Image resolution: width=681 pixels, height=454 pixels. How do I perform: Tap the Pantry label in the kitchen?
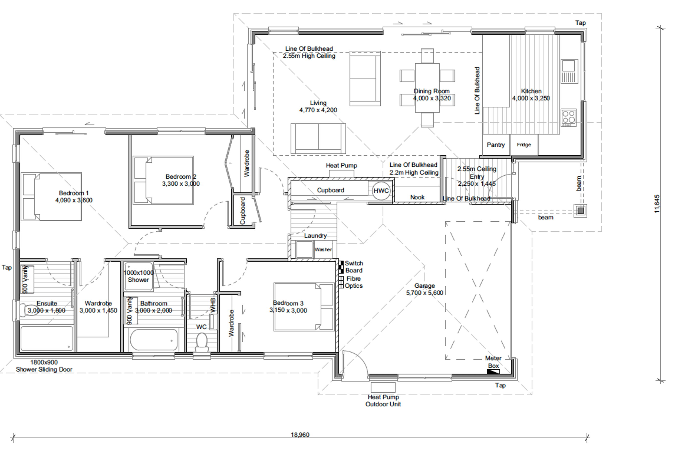(x=496, y=145)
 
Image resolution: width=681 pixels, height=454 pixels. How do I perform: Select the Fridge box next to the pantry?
(x=524, y=145)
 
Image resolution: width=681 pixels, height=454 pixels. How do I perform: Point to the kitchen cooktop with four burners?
(x=568, y=118)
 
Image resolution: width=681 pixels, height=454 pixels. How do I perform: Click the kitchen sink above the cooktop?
(x=569, y=71)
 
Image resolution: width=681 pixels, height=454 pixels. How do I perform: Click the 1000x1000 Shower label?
(x=138, y=276)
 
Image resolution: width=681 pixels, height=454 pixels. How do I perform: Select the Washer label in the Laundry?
(x=323, y=250)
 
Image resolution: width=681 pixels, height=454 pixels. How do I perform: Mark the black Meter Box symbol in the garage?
(x=493, y=372)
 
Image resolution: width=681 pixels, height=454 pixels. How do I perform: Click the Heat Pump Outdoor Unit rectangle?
(x=383, y=387)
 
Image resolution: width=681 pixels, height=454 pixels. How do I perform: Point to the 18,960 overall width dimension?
(x=300, y=435)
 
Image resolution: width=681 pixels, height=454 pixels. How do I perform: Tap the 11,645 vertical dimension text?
(x=657, y=204)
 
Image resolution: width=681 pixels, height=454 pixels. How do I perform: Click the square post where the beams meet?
(x=580, y=211)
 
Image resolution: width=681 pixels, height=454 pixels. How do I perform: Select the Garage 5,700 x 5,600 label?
(x=424, y=289)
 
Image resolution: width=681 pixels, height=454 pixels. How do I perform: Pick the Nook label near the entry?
(x=417, y=197)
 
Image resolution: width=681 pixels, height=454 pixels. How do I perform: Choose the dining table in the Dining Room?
(x=427, y=88)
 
